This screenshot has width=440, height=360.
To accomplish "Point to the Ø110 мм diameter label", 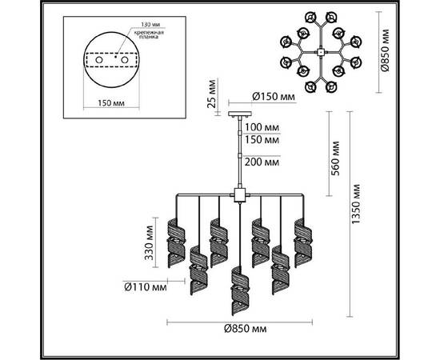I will coord(146,285).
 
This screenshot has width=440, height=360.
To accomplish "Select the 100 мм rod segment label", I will coord(263,127).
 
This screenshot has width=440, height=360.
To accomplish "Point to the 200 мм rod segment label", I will coord(263,162).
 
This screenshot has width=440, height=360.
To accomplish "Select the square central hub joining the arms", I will coord(238,194).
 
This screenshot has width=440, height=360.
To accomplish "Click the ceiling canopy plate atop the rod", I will coord(238,112).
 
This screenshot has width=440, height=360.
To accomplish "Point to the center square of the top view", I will coord(319,52).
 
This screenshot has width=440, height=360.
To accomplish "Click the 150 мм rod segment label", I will coord(263,140).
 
